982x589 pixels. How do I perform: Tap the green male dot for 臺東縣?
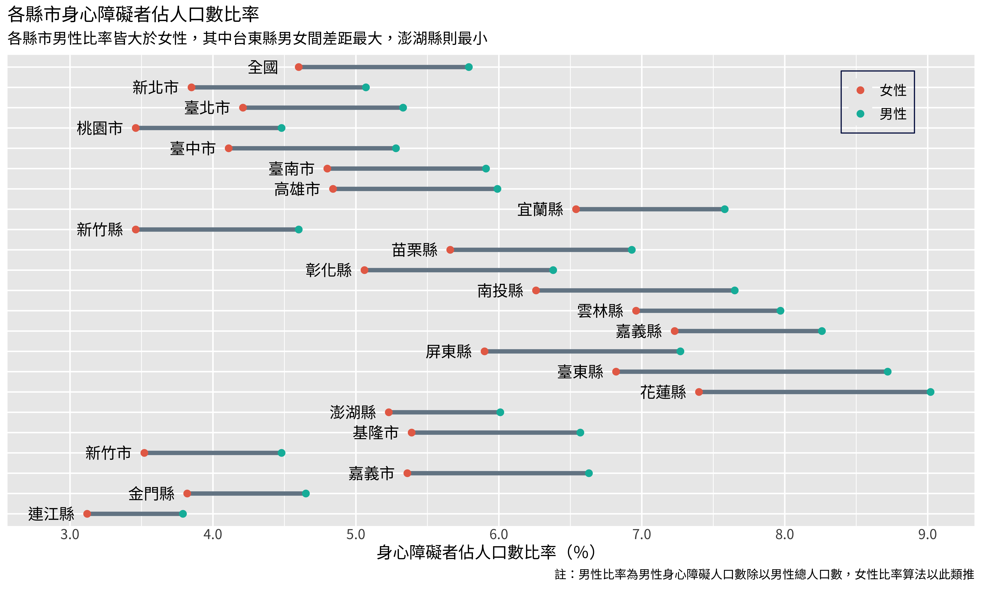click(888, 372)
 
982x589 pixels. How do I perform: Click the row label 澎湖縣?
click(353, 412)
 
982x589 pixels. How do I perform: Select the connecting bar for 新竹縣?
click(217, 229)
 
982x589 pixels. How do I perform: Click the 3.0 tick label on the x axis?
click(70, 535)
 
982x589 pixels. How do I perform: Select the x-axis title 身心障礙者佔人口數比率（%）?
click(486, 552)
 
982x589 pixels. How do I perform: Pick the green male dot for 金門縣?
click(306, 493)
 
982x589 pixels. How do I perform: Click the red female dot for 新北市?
click(191, 87)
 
